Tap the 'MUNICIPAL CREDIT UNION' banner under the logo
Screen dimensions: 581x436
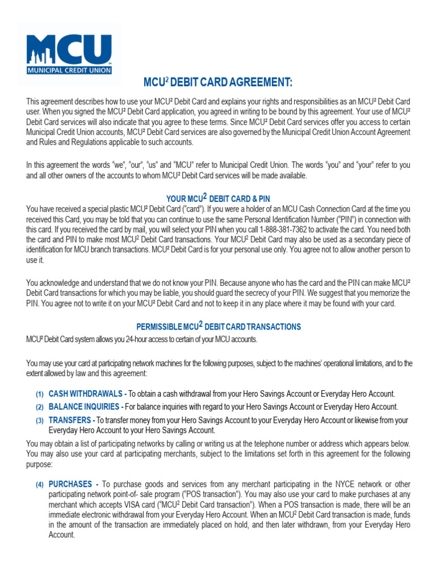(x=70, y=70)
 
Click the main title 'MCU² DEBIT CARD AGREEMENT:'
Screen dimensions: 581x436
(x=218, y=83)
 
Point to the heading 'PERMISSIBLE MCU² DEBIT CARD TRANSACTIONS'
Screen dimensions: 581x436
(x=219, y=327)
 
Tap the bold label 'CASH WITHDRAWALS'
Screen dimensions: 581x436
(x=86, y=394)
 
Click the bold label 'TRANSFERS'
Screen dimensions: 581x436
(x=70, y=420)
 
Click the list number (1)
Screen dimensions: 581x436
(x=40, y=394)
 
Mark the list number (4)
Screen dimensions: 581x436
(x=40, y=485)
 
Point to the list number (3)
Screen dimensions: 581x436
(x=40, y=421)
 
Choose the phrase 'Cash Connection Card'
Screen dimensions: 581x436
(x=299, y=209)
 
